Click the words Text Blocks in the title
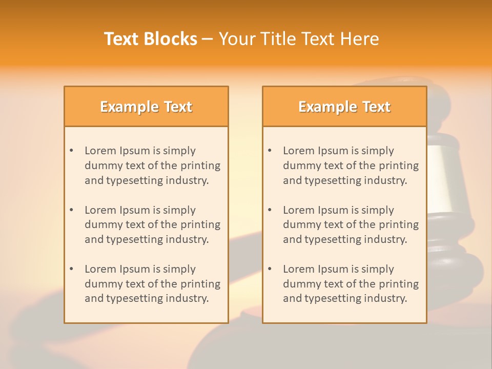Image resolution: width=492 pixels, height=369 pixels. pyautogui.click(x=151, y=39)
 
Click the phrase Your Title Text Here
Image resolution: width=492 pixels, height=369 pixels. pyautogui.click(x=299, y=39)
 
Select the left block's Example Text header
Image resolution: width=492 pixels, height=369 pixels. pyautogui.click(x=146, y=107)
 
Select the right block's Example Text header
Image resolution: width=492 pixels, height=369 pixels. pyautogui.click(x=344, y=107)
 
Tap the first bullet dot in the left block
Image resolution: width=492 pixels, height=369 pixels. pyautogui.click(x=71, y=151)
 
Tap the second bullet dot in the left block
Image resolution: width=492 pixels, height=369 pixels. pyautogui.click(x=71, y=210)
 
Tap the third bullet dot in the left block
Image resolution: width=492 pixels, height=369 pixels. pyautogui.click(x=71, y=269)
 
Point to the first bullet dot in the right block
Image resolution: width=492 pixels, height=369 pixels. pyautogui.click(x=270, y=151)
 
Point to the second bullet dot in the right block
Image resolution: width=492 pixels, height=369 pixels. pyautogui.click(x=270, y=210)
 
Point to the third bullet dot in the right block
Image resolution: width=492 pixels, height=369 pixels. pyautogui.click(x=270, y=269)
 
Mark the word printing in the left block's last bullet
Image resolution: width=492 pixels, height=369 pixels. pyautogui.click(x=201, y=284)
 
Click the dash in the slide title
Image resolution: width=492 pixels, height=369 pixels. pyautogui.click(x=208, y=39)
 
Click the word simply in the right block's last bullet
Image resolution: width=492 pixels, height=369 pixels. pyautogui.click(x=377, y=269)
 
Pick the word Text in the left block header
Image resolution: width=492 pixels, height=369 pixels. pyautogui.click(x=177, y=107)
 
